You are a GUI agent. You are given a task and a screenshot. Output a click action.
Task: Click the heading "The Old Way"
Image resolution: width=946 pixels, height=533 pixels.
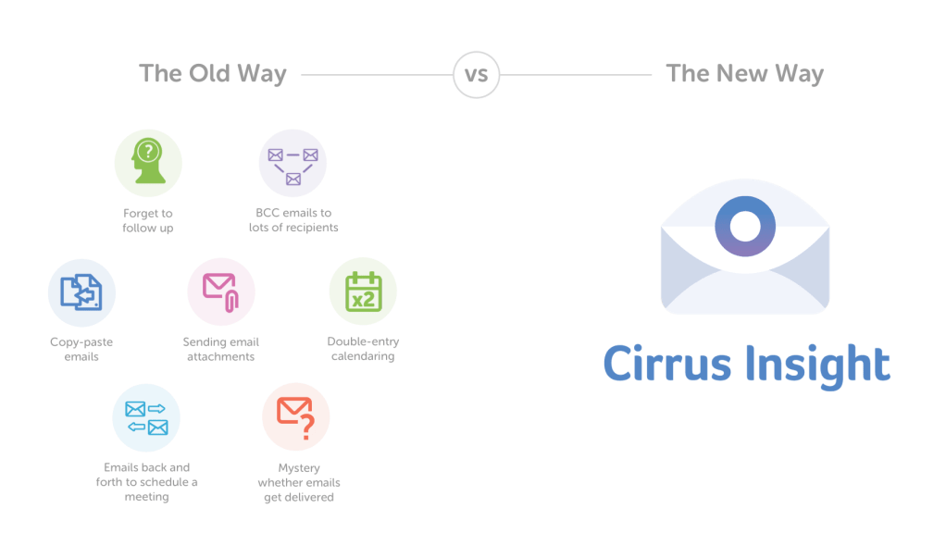coord(213,74)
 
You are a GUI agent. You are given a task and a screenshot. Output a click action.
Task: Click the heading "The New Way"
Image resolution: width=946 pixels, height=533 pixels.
coord(744,74)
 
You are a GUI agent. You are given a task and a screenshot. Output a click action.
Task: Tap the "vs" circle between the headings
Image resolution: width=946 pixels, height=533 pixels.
coord(476,74)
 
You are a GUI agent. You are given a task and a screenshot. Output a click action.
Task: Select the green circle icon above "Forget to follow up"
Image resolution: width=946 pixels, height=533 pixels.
coord(148,163)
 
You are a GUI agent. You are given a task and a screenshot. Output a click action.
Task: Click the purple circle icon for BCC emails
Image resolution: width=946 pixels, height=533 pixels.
coord(293,163)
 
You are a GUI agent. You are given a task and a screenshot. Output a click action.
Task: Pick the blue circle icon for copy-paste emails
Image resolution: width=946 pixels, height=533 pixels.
coord(81,292)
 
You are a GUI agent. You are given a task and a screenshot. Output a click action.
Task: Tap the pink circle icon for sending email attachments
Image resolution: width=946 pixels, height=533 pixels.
coord(221,292)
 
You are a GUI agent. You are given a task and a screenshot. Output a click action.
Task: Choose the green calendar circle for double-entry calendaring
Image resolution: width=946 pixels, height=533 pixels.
coord(363,292)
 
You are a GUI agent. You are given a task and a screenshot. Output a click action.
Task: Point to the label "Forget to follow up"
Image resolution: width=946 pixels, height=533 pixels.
coord(148,220)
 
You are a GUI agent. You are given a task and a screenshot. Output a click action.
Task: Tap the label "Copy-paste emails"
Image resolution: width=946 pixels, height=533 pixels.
coord(81,349)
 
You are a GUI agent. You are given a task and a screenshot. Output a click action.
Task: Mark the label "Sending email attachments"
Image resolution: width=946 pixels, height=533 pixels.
coord(219,349)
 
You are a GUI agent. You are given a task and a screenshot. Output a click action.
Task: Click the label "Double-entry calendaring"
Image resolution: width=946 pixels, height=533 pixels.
coord(363,349)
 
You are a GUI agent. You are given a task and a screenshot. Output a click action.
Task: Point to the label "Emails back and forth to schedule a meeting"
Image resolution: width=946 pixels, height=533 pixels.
coord(147,482)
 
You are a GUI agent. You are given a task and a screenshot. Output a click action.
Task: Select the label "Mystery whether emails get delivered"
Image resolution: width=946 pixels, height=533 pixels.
coord(298,482)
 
